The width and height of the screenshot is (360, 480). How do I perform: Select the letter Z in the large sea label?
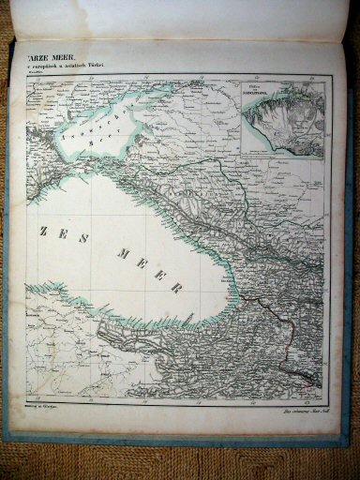pos(44,231)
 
